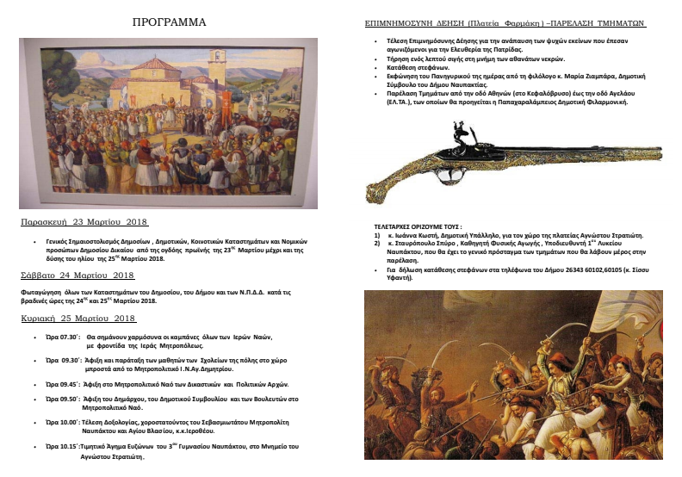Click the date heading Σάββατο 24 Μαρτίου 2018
[x=72, y=276]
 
